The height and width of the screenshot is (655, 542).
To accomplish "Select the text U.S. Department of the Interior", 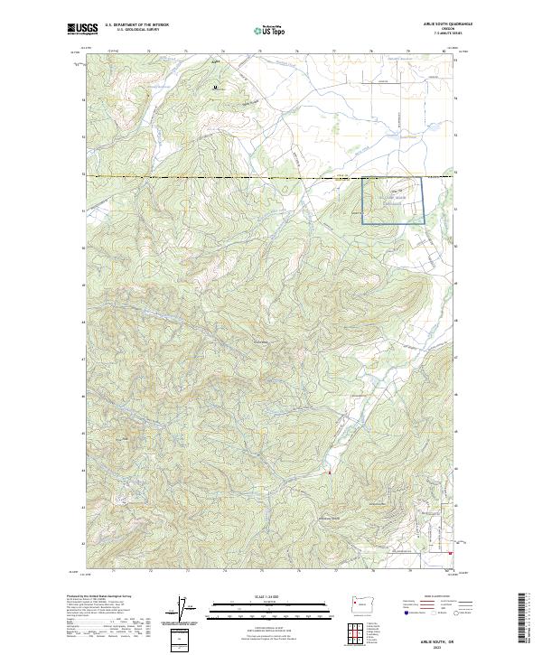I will (136, 25).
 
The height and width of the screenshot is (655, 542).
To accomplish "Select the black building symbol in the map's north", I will (215, 88).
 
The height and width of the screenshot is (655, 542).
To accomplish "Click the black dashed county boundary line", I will (226, 178).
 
